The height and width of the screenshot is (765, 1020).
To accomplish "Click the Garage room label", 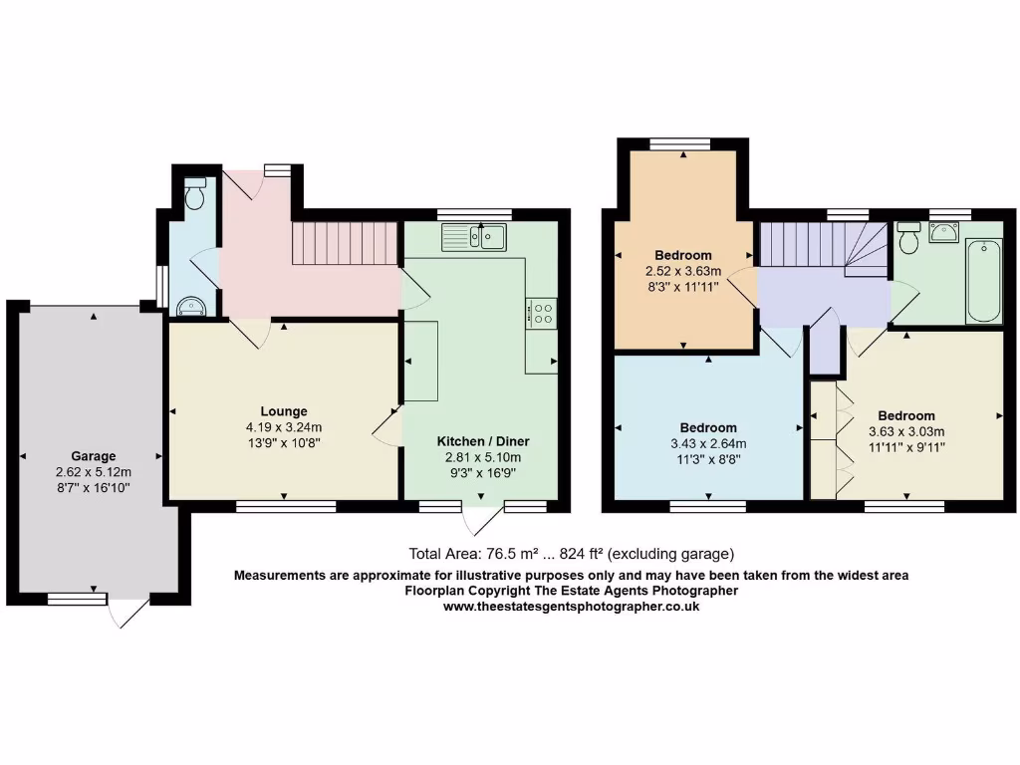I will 93,456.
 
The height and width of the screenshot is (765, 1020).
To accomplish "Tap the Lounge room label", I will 284,411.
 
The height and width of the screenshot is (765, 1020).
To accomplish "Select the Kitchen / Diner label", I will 483,441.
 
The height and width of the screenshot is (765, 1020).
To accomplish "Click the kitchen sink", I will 475,236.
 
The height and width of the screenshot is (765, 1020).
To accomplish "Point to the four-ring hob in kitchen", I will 542,314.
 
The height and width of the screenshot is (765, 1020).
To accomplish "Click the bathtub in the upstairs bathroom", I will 984,281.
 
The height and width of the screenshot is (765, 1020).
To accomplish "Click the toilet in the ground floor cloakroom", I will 195,194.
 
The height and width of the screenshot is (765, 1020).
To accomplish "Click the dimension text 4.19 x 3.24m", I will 284,427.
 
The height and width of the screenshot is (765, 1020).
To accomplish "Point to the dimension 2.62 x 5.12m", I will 94,472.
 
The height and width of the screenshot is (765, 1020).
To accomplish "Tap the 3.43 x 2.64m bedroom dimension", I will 709,444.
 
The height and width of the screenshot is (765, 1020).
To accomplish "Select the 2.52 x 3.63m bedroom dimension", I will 683,270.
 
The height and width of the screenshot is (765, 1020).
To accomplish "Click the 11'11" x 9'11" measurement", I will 905,447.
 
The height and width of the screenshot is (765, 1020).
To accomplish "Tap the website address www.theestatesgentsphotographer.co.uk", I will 571,606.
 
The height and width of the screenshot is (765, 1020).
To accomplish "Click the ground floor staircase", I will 345,243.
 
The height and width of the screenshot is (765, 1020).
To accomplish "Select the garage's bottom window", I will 77,598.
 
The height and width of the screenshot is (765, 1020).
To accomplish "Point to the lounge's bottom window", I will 286,506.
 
